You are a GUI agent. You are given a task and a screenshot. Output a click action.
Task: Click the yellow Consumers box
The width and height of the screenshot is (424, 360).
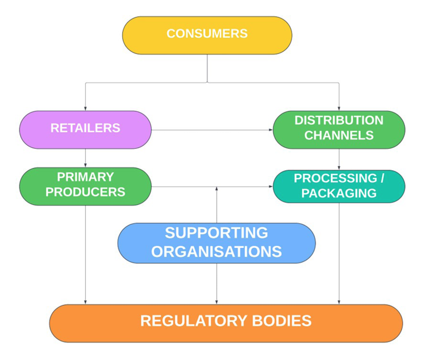207,35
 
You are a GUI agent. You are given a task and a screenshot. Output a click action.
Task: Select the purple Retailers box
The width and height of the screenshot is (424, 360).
85,129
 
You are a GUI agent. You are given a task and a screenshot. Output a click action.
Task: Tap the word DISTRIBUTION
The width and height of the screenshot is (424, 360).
338,121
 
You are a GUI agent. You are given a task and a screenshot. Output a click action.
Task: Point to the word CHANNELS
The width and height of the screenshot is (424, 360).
338,136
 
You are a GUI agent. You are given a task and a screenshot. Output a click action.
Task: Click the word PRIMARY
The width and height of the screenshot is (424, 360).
85,177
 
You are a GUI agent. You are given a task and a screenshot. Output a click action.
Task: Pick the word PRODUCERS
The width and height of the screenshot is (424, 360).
85,192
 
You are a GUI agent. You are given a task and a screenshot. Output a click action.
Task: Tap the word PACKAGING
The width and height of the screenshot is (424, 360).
339,193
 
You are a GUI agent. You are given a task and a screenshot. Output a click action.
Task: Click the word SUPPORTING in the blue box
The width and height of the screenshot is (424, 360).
216,233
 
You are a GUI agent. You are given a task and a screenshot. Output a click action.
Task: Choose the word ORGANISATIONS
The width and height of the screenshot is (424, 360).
216,251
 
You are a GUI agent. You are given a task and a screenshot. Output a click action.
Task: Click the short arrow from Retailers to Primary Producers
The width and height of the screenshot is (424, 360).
85,158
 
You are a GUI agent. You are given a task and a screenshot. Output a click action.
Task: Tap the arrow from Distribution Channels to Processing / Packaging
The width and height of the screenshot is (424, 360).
338,159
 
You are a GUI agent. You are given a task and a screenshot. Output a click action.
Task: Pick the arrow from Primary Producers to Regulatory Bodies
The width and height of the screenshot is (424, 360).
85,253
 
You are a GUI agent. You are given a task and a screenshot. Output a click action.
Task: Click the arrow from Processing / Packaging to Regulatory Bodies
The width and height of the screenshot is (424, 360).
338,253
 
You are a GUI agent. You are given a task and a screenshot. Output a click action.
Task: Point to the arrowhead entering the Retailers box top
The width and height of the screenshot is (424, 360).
85,108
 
